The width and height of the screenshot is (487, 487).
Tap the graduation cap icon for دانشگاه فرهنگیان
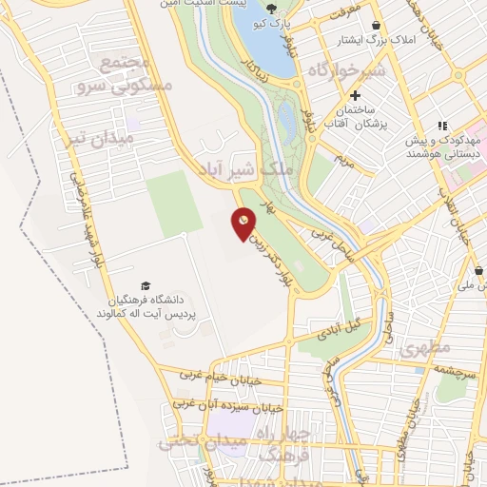tap(146, 286)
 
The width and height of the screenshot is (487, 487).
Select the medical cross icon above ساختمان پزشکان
tap(356, 96)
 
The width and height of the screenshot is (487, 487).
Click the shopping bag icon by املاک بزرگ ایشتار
tap(379, 26)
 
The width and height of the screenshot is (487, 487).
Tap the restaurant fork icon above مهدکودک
tap(441, 125)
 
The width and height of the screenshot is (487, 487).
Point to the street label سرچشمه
tap(454, 368)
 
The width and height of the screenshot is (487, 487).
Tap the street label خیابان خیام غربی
tap(218, 375)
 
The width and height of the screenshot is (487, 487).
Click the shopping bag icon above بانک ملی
tap(477, 271)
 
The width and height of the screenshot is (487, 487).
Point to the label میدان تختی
tap(194, 440)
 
